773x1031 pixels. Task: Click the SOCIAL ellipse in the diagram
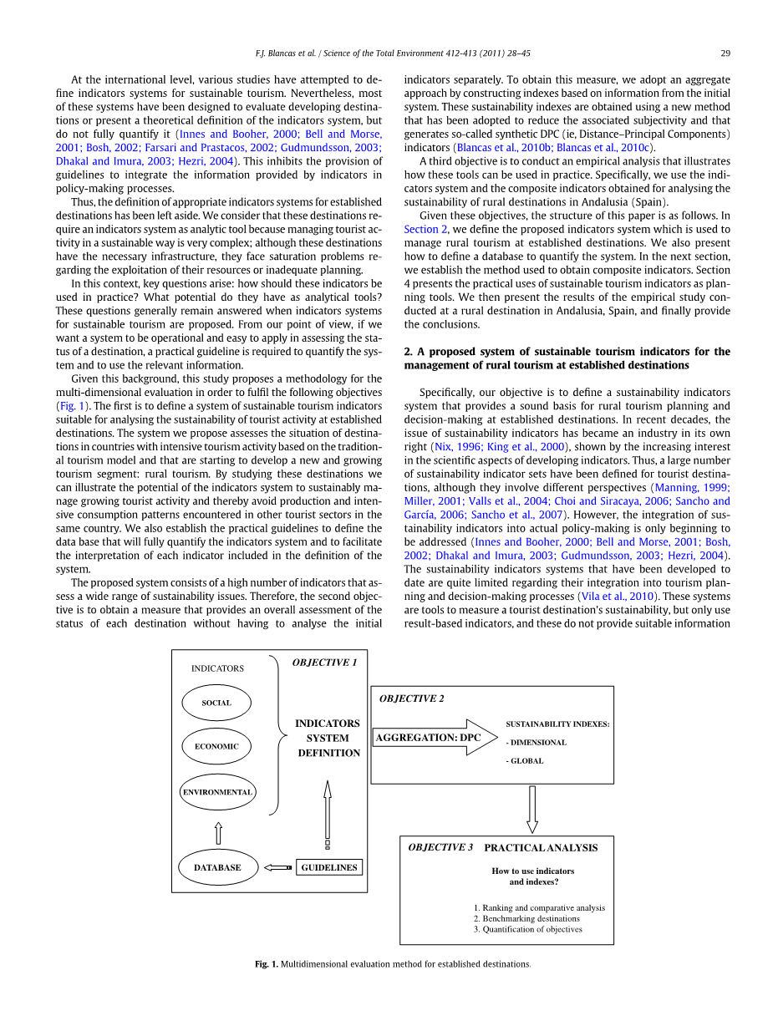click(x=216, y=703)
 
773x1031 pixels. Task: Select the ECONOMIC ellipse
click(x=216, y=746)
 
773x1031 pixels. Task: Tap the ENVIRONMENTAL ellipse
click(x=217, y=791)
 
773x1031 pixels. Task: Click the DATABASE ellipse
click(x=217, y=867)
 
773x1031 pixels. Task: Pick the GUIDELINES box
click(x=329, y=867)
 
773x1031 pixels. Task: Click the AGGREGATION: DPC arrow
click(x=435, y=738)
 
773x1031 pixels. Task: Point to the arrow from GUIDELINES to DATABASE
click(x=277, y=867)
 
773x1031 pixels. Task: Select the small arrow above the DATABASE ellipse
click(x=218, y=833)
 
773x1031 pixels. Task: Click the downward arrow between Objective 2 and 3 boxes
click(x=532, y=809)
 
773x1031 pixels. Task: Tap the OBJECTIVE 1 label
click(x=324, y=663)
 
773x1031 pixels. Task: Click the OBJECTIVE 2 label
click(x=412, y=698)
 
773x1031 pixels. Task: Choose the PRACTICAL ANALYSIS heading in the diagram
click(x=541, y=848)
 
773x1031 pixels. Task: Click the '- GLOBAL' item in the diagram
click(x=525, y=761)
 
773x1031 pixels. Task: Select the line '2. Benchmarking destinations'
click(x=526, y=918)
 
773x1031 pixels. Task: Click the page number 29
click(x=725, y=53)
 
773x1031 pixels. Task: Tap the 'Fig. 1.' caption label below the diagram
click(x=267, y=964)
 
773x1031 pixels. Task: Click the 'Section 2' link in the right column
click(x=426, y=229)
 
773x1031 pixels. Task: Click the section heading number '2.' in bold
click(x=409, y=352)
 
